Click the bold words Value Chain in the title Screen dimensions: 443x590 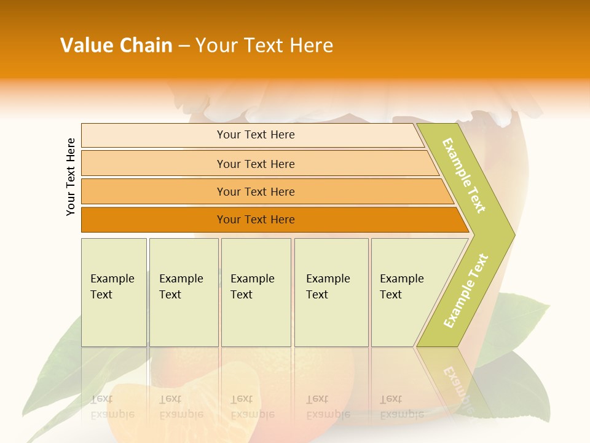116,46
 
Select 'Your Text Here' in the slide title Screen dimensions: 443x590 264,46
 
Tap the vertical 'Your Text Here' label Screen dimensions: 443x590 71,177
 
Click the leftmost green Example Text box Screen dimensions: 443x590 114,292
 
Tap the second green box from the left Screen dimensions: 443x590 184,292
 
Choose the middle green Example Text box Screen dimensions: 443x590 256,292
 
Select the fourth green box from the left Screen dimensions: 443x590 331,292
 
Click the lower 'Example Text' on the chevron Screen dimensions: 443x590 466,290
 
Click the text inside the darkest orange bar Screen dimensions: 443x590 256,220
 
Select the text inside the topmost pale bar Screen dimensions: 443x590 256,135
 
